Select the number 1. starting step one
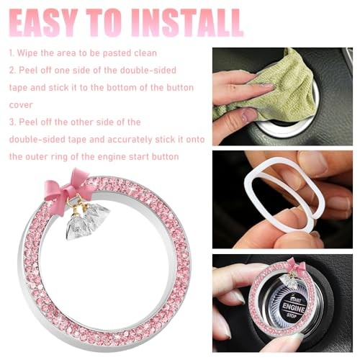click(x=12, y=54)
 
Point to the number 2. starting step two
click(x=12, y=71)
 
